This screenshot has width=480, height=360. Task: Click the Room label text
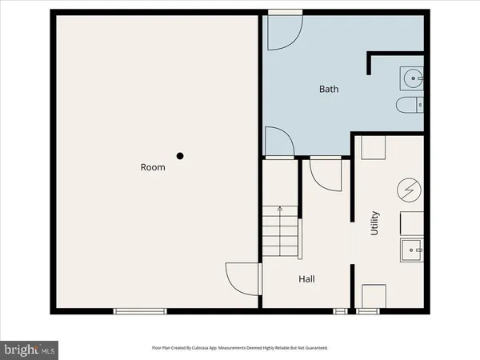[153, 167]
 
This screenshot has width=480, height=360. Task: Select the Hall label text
[306, 279]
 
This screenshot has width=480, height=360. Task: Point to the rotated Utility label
[374, 223]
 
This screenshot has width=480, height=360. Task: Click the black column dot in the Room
[182, 156]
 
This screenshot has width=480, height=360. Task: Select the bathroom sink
[412, 78]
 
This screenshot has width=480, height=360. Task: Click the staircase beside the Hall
[280, 232]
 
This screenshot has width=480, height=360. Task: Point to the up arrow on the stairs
[280, 210]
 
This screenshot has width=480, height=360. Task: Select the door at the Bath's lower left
[279, 141]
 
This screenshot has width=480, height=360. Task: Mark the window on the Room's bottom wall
[134, 310]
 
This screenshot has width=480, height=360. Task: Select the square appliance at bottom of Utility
[374, 294]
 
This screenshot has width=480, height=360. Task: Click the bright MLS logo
[30, 349]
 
